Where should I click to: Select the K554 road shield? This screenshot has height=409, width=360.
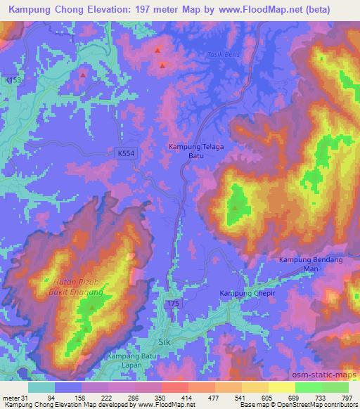coord(125,151)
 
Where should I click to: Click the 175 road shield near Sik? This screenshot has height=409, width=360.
coord(173,302)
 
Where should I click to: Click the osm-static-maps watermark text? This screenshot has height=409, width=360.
coord(330,372)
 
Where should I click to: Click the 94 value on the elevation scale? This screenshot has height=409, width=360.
coord(51,398)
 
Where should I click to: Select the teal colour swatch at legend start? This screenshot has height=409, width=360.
coord(41,387)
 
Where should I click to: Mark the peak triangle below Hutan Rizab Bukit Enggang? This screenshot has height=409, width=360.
coord(91,306)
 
